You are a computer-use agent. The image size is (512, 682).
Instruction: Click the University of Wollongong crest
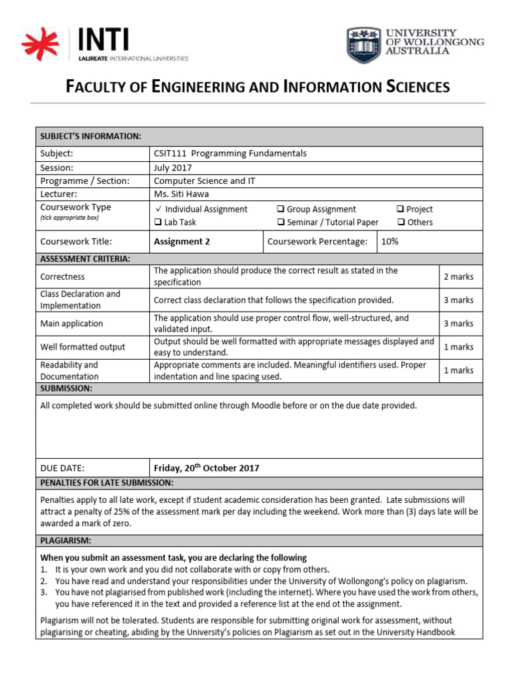(x=364, y=45)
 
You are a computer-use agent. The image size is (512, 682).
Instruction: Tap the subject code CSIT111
(x=170, y=153)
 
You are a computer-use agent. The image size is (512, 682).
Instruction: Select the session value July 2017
(x=173, y=167)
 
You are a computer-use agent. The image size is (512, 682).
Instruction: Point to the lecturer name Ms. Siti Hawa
(x=181, y=194)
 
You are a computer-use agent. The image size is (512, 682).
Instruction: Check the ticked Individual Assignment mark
(x=157, y=209)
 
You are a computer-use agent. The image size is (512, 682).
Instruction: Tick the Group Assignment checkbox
(x=281, y=209)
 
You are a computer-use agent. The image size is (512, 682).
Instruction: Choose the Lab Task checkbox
(x=158, y=222)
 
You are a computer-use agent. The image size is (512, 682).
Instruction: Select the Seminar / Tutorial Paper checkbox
(x=281, y=222)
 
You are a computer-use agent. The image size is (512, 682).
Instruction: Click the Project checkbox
(x=401, y=209)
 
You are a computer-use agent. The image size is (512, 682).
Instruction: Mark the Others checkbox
(x=401, y=222)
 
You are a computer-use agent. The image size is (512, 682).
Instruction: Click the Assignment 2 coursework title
(x=181, y=242)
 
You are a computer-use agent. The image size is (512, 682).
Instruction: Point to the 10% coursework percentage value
(x=389, y=242)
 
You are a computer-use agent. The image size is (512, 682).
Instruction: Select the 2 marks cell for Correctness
(x=459, y=276)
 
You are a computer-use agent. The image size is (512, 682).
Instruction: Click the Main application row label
(x=71, y=324)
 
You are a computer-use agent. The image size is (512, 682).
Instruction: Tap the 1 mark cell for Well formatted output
(x=459, y=347)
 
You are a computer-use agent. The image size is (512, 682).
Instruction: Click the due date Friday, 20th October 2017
(x=207, y=468)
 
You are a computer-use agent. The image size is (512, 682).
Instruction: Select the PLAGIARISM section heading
(x=66, y=540)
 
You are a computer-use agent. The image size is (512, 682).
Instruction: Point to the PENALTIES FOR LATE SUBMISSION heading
(x=107, y=482)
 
